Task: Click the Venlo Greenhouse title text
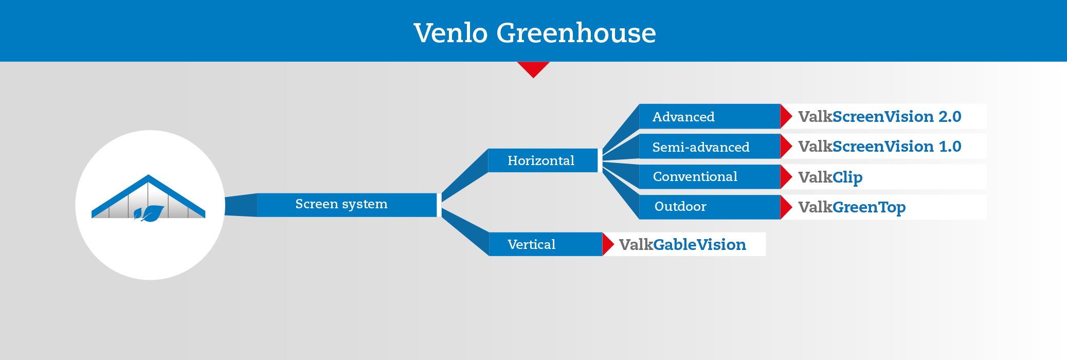click(535, 32)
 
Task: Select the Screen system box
click(347, 205)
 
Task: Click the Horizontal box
click(542, 160)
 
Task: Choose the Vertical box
click(545, 244)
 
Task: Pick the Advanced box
click(710, 116)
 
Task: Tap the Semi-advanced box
click(710, 147)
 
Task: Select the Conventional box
click(710, 176)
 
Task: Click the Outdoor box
click(710, 207)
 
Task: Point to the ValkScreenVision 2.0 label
click(879, 117)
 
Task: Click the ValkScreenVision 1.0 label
click(879, 147)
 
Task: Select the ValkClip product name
click(830, 177)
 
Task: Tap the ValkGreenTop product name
click(852, 207)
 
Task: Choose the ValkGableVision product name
click(682, 244)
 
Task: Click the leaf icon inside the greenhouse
click(149, 213)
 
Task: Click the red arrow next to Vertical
click(608, 244)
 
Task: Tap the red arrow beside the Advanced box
click(786, 116)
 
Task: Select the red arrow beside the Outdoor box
click(786, 207)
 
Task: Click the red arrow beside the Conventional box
click(786, 176)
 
